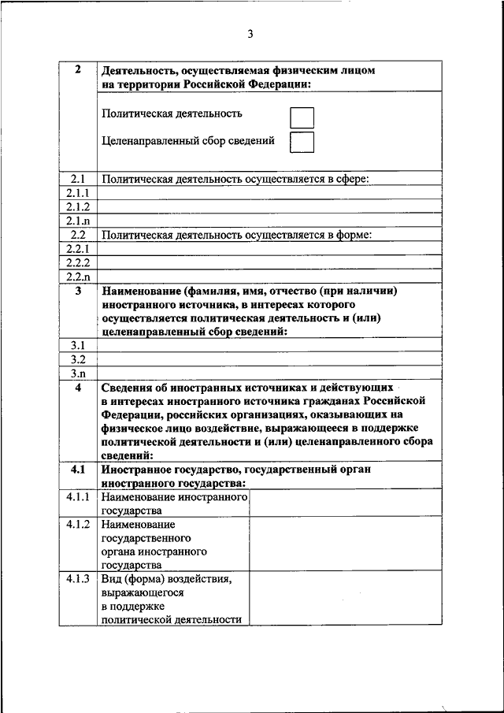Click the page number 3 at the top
250,34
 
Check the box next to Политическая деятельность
302,117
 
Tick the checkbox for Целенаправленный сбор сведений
302,143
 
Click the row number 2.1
77,179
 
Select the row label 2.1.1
77,193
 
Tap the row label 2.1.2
77,206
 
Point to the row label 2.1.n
77,221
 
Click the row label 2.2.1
77,249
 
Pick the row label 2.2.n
77,277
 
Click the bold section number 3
77,291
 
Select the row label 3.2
77,359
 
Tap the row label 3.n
77,373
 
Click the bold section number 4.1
77,470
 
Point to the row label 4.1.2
77,525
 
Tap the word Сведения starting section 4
128,388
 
